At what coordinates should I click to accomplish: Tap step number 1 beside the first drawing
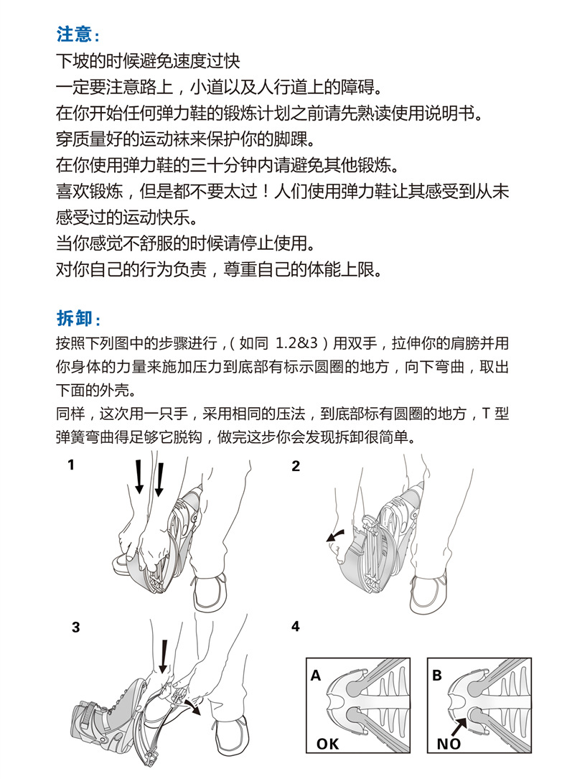(x=71, y=465)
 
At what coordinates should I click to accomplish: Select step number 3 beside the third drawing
(x=76, y=627)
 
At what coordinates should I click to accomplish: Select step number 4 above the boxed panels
(x=296, y=627)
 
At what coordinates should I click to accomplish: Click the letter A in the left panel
(x=316, y=676)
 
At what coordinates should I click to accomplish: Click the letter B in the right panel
(x=437, y=676)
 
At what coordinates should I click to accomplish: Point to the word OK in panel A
(x=327, y=745)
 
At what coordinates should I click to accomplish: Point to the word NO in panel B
(x=449, y=745)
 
